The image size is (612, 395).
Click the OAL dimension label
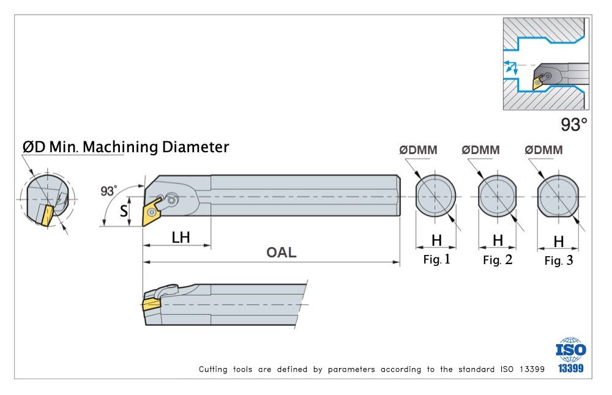282,253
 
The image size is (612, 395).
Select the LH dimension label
181,237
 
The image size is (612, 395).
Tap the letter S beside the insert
124,212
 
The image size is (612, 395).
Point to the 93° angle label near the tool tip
108,191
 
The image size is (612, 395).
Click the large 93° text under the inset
573,125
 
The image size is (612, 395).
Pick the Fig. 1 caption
436,260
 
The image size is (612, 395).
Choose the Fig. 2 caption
498,260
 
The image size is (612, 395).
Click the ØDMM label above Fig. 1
418,150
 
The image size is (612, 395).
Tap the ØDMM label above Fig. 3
544,150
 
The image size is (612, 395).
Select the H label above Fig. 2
498,240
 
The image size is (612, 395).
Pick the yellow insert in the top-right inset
537,84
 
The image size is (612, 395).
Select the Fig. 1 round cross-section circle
436,197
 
